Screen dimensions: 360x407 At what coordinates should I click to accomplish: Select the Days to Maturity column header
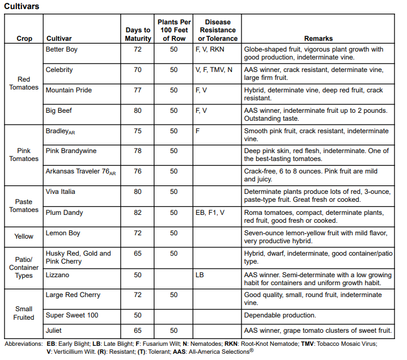[x=138, y=34]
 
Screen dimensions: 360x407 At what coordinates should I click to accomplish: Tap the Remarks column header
[x=319, y=39]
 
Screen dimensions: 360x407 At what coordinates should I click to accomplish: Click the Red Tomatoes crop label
[x=24, y=83]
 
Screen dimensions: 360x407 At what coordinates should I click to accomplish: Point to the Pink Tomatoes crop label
[x=24, y=155]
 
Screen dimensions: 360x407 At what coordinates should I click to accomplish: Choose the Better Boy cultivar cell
[x=62, y=50]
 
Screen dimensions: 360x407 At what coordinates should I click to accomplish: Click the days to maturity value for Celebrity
[x=138, y=70]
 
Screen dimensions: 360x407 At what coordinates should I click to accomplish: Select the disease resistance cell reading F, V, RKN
[x=210, y=50]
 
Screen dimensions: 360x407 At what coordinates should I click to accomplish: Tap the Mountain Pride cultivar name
[x=69, y=91]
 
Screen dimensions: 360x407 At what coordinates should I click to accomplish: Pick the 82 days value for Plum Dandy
[x=138, y=213]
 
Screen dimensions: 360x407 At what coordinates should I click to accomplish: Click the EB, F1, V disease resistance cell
[x=210, y=213]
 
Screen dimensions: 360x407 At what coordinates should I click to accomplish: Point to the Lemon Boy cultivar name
[x=63, y=234]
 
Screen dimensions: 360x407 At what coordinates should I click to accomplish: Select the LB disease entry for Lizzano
[x=200, y=274]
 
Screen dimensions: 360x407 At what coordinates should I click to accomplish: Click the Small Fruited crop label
[x=24, y=313]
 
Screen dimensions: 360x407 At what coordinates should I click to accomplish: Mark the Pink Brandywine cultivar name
[x=71, y=151]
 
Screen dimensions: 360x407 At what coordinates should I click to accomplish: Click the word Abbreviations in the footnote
[x=23, y=344]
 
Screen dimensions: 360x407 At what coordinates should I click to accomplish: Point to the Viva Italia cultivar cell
[x=61, y=192]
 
